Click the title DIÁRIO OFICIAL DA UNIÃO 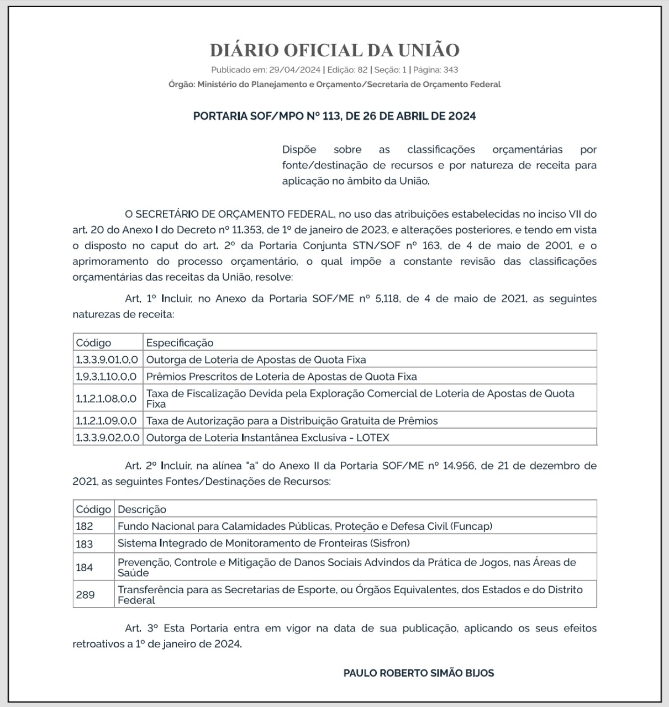[x=334, y=50]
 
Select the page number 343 [x=450, y=70]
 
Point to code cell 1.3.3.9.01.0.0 [x=107, y=360]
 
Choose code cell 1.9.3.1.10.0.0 [x=107, y=377]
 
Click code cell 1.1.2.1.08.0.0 [x=107, y=398]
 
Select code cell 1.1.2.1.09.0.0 [x=107, y=421]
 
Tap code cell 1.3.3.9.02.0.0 [x=107, y=437]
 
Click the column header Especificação [x=180, y=343]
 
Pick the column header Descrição [x=142, y=509]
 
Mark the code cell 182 [x=85, y=526]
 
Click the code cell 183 [x=85, y=544]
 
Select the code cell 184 [x=85, y=567]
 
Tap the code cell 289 [x=85, y=595]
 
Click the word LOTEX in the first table [x=372, y=437]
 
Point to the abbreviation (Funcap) [x=471, y=526]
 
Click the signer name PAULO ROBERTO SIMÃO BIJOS [x=418, y=673]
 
